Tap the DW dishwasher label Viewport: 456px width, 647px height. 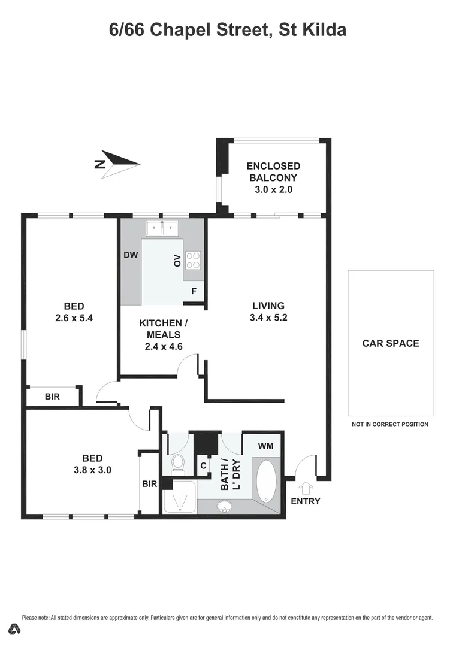pyautogui.click(x=131, y=255)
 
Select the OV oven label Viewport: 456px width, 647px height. pyautogui.click(x=177, y=261)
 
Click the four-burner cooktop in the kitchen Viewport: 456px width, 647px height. pyautogui.click(x=193, y=259)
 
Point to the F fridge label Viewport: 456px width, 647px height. pyautogui.click(x=194, y=291)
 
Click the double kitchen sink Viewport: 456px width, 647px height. pyautogui.click(x=162, y=228)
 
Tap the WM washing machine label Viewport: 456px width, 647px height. pyautogui.click(x=266, y=446)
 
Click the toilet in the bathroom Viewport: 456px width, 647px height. pyautogui.click(x=178, y=463)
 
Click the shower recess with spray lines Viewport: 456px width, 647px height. pyautogui.click(x=178, y=497)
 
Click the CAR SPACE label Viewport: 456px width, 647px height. pyautogui.click(x=391, y=343)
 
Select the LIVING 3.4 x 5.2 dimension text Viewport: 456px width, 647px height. pyautogui.click(x=268, y=318)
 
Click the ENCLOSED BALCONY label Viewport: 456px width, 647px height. pyautogui.click(x=273, y=172)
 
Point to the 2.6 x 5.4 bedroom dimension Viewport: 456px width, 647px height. pyautogui.click(x=74, y=318)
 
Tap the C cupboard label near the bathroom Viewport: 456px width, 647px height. pyautogui.click(x=203, y=465)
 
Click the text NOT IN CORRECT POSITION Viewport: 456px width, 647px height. pyautogui.click(x=390, y=424)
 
